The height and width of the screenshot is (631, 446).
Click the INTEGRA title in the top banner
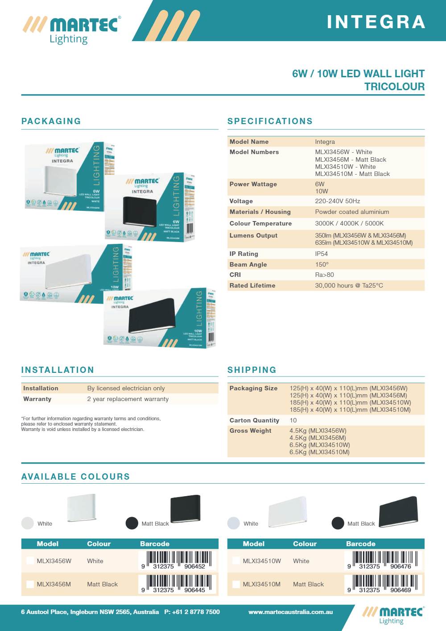tap(376, 22)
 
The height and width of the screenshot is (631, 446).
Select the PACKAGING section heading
tap(51, 121)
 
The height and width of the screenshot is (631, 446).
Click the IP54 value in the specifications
tap(322, 254)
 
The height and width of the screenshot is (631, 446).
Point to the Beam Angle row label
tap(248, 264)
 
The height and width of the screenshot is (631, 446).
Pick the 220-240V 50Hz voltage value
tap(338, 201)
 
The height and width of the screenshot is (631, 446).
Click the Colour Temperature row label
tap(260, 223)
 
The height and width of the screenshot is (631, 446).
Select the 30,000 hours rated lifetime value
tap(349, 285)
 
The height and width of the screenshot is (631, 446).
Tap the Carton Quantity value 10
tap(293, 420)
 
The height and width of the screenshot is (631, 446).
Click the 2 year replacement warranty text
tap(128, 399)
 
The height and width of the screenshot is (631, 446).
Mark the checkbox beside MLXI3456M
tap(30, 584)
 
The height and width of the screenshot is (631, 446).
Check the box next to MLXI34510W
tap(236, 561)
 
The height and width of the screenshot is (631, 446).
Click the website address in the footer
tap(290, 612)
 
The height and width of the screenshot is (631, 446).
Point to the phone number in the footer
tap(192, 612)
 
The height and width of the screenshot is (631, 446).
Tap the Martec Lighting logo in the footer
tap(392, 615)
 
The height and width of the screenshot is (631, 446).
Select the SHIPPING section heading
tap(252, 370)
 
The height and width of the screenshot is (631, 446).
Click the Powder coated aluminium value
tap(352, 212)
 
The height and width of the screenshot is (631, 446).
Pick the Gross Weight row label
tap(250, 430)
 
